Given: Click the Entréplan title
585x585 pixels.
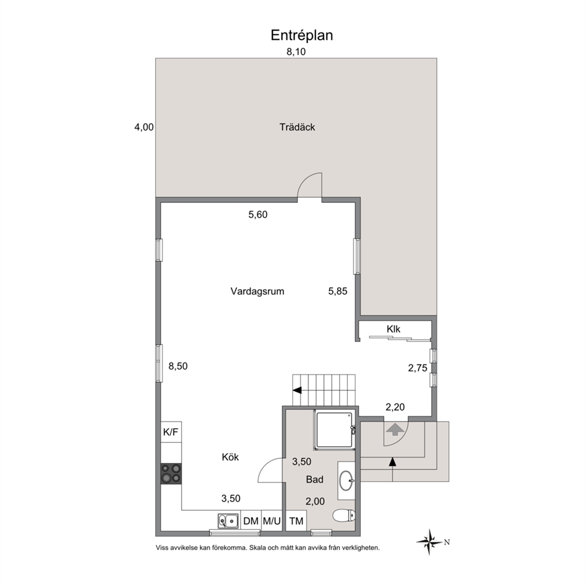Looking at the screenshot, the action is (301, 35).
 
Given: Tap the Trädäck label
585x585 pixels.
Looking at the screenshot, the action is (297, 127).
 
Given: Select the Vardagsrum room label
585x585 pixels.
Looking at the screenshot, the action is (258, 291).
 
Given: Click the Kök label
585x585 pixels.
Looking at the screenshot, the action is (230, 457).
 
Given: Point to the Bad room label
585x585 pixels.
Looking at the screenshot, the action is (314, 479).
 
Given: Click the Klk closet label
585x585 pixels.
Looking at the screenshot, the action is (393, 329).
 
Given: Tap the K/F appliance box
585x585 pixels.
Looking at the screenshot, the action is (171, 432).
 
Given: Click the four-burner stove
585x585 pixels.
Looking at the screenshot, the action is (171, 474).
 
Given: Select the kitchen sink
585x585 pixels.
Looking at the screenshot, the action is (228, 521).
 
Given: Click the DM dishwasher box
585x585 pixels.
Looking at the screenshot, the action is (251, 521).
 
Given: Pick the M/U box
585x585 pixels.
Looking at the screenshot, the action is (271, 521).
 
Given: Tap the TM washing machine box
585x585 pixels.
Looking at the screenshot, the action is (296, 521).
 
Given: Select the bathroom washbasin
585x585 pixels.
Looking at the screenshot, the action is (346, 481).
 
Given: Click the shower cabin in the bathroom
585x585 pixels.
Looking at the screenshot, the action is (334, 430).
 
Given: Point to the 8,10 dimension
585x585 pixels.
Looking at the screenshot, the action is (296, 52).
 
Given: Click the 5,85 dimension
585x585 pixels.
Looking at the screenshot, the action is (338, 291).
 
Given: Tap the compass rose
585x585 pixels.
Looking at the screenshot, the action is (430, 542).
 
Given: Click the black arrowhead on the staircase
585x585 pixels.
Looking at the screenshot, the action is (297, 390).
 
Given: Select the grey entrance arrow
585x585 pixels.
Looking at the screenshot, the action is (396, 429).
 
